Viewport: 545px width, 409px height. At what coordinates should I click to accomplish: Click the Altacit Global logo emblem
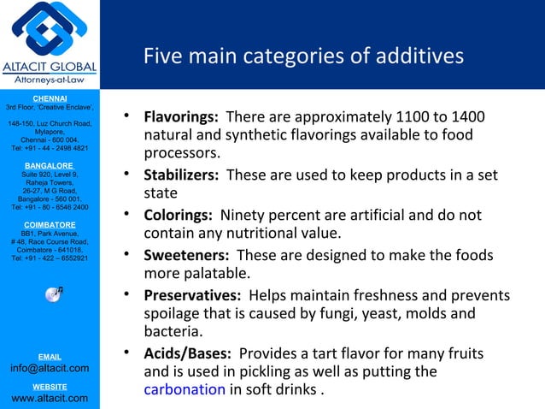point(49,32)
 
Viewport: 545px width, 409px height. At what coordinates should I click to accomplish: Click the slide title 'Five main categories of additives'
point(303,56)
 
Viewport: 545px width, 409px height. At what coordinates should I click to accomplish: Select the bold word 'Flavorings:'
point(180,116)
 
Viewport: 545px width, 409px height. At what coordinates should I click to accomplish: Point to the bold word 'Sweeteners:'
point(185,255)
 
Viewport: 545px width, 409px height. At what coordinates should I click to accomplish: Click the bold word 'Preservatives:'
point(194,295)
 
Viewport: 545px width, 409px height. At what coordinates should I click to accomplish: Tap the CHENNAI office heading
point(50,98)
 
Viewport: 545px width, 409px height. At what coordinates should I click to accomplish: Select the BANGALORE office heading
point(50,164)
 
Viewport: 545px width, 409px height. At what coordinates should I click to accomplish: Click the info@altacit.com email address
point(50,368)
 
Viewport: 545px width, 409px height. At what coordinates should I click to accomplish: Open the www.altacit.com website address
point(50,398)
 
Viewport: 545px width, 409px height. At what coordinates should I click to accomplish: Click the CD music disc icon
point(54,293)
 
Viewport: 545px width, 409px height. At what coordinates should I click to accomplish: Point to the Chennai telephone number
point(50,148)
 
